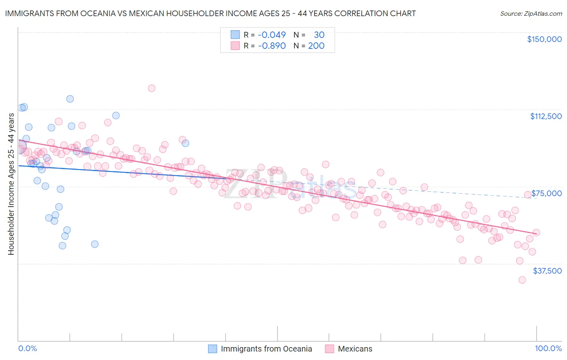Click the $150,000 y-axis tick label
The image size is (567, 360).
(544, 39)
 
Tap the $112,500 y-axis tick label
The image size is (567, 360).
(546, 116)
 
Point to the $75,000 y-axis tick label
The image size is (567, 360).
(546, 193)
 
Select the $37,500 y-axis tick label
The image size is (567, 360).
(547, 271)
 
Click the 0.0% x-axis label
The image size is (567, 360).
(27, 348)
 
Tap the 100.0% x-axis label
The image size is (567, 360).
(548, 348)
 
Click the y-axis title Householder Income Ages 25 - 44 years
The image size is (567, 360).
(11, 184)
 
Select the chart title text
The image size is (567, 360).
(210, 13)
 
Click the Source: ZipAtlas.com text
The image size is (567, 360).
(531, 13)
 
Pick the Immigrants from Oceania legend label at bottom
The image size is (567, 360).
(266, 349)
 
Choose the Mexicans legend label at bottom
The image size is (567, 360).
(355, 349)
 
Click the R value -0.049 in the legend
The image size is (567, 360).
(271, 35)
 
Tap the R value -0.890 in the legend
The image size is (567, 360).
(271, 46)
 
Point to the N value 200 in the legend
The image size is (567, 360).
(316, 46)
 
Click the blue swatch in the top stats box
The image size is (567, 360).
(235, 35)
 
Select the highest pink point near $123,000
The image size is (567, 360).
(152, 88)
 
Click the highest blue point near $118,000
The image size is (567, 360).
(70, 99)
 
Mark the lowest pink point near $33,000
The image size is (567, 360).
(522, 280)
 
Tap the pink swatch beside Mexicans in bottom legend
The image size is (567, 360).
(329, 349)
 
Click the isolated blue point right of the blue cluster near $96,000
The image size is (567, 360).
(186, 143)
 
